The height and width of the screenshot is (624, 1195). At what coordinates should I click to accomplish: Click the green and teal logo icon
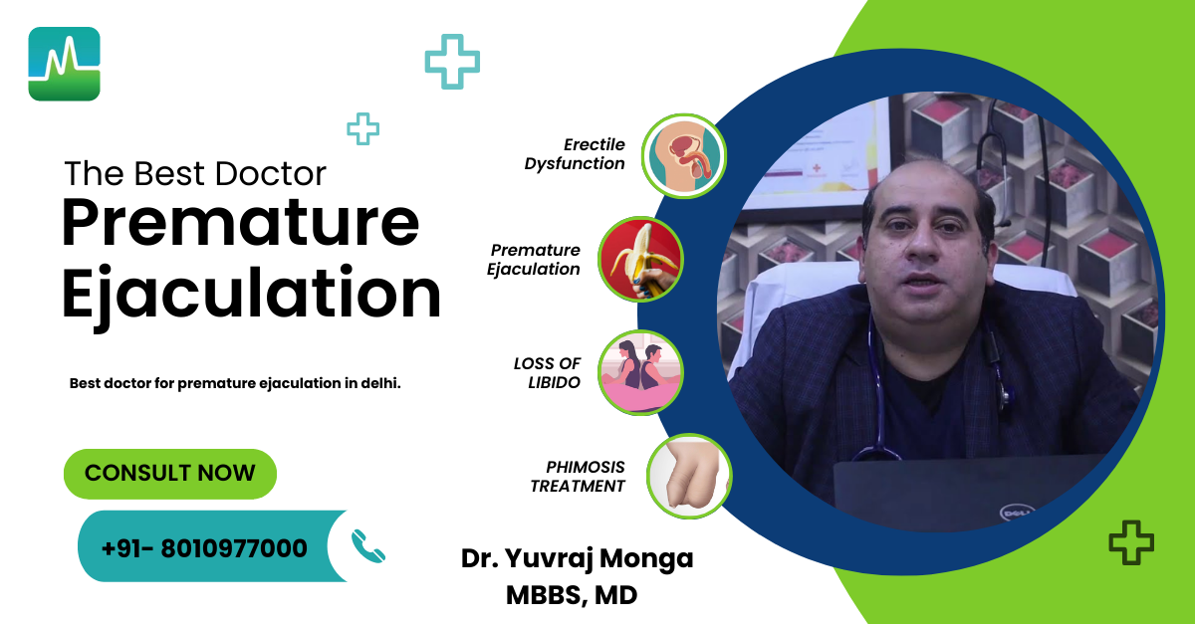click(64, 64)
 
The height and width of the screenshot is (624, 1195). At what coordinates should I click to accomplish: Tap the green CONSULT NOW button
click(169, 474)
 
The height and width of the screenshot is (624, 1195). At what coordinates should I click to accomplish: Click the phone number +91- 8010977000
click(204, 547)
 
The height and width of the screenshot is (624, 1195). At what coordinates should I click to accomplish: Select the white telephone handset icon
click(367, 546)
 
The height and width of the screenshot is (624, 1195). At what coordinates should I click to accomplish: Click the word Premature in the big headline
click(240, 223)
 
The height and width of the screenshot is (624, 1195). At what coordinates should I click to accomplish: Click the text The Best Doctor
click(195, 174)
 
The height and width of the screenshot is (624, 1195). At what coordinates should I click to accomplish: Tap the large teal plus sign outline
click(452, 62)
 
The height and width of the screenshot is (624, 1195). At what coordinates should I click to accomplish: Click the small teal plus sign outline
click(362, 128)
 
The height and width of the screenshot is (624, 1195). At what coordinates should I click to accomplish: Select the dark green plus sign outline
click(1131, 542)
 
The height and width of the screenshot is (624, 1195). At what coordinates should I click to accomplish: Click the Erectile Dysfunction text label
click(577, 154)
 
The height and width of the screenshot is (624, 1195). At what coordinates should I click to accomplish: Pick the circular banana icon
click(640, 260)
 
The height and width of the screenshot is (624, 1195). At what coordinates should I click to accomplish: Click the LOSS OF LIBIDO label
click(548, 373)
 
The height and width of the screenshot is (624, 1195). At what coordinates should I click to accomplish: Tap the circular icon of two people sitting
click(640, 373)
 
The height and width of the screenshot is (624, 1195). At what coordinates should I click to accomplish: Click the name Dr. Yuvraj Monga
click(577, 558)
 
